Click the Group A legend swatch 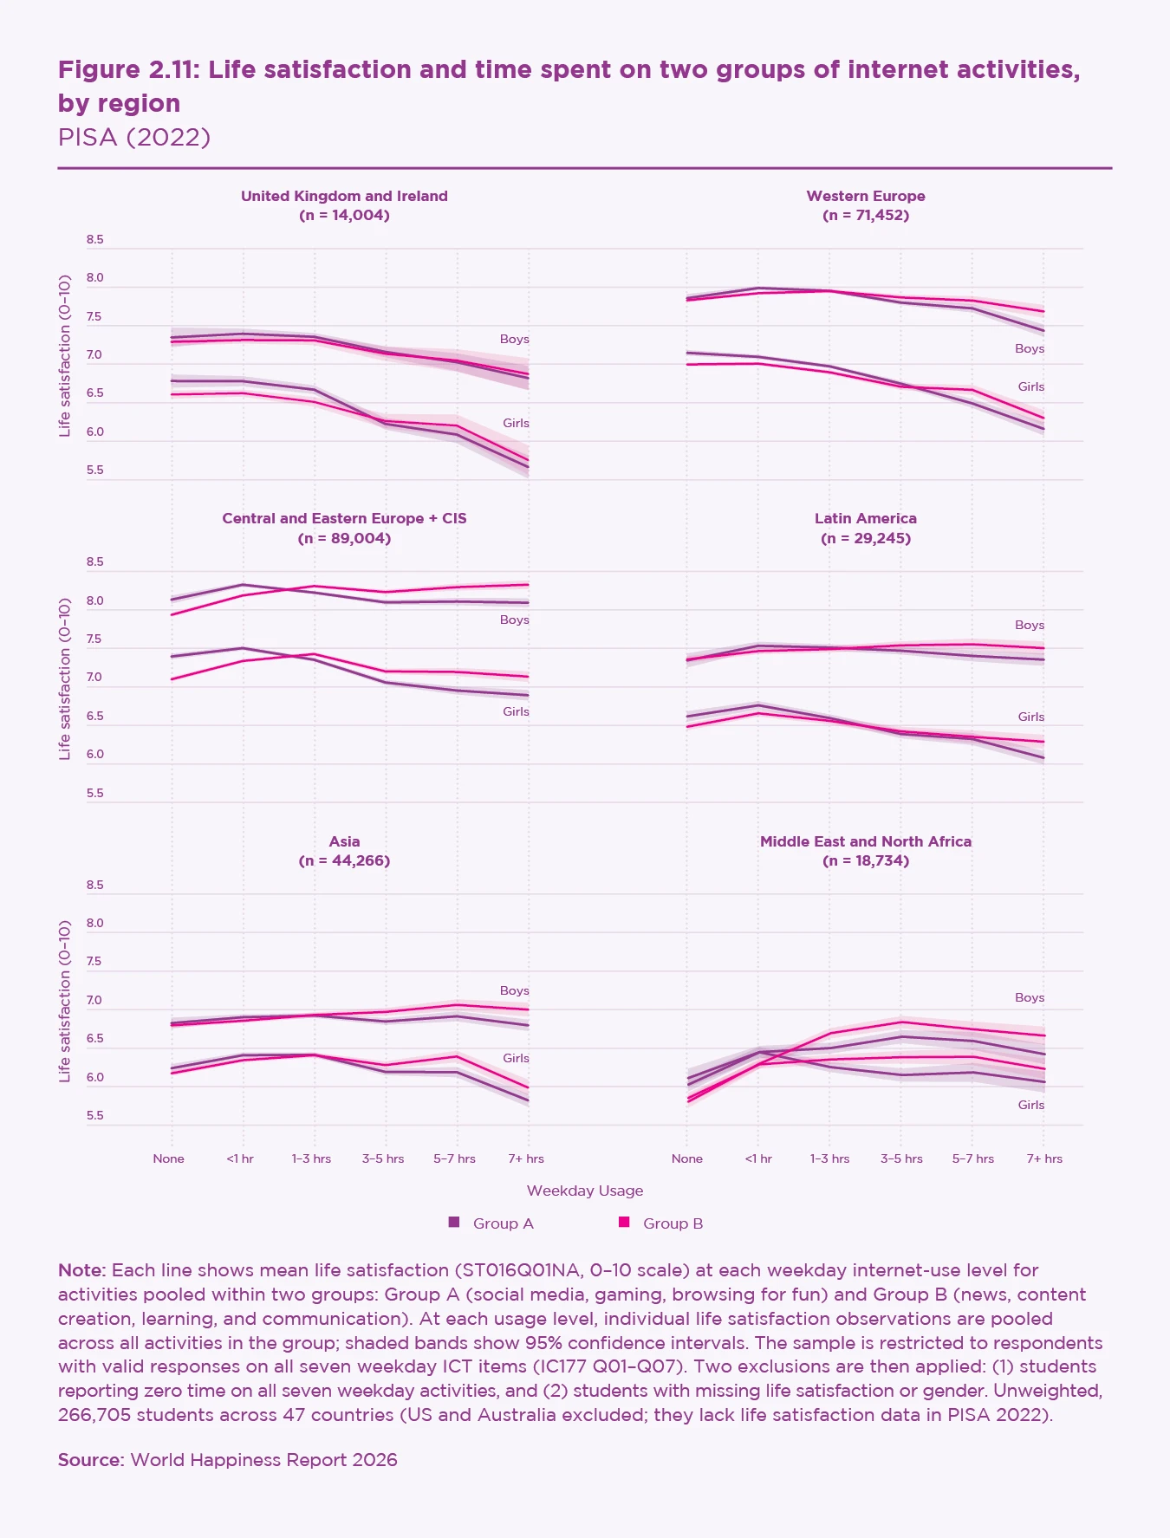453,1223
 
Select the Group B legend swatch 623,1223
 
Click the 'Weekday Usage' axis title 585,1191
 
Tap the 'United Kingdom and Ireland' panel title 344,196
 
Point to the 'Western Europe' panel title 865,196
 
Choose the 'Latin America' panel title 865,518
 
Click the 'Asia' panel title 344,841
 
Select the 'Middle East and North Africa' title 865,841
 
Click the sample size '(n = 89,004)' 344,538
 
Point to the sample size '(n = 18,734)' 865,861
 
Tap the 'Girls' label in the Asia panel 516,1058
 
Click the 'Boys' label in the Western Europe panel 1030,348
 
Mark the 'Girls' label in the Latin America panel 1030,717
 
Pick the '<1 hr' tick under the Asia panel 240,1158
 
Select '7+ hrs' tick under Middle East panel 1043,1158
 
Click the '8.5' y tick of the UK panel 94,240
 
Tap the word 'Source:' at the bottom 91,1460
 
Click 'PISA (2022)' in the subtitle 134,137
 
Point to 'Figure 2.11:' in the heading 129,69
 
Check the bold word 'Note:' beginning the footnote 82,1270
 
